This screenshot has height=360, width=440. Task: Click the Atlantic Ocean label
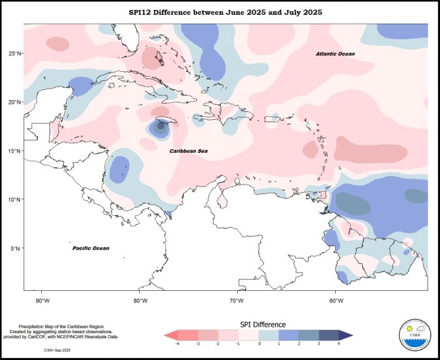click(x=335, y=54)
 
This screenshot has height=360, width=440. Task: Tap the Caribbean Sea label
click(x=188, y=152)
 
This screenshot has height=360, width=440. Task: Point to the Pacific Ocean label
click(x=90, y=248)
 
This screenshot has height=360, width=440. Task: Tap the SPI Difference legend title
click(x=263, y=324)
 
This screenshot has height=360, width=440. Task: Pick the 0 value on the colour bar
click(x=259, y=344)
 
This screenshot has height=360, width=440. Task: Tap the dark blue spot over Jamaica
click(x=161, y=125)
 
